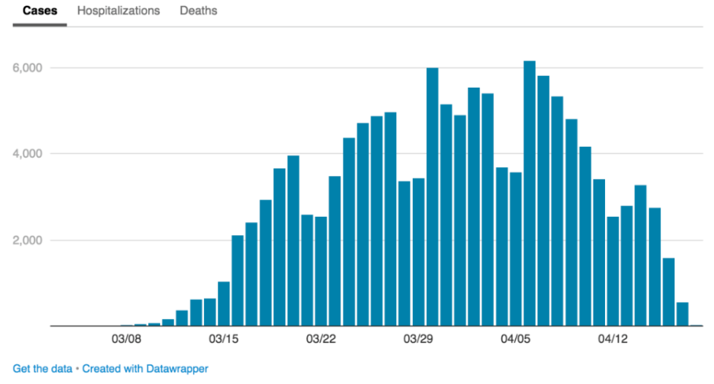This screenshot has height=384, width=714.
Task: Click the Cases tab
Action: click(40, 11)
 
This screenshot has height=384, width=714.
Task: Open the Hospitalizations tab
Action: click(118, 11)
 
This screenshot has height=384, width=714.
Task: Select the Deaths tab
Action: click(198, 11)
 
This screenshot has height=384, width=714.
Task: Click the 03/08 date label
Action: click(126, 339)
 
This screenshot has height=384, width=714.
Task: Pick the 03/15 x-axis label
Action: click(224, 339)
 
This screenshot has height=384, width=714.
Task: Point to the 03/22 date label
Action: click(321, 339)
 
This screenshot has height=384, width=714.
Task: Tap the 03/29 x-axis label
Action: click(418, 339)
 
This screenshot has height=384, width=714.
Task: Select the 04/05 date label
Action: click(515, 339)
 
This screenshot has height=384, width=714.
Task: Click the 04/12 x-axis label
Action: click(613, 339)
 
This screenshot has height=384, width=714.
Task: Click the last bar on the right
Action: click(682, 315)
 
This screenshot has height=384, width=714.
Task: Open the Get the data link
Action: click(42, 369)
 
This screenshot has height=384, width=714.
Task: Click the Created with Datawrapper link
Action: click(145, 369)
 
